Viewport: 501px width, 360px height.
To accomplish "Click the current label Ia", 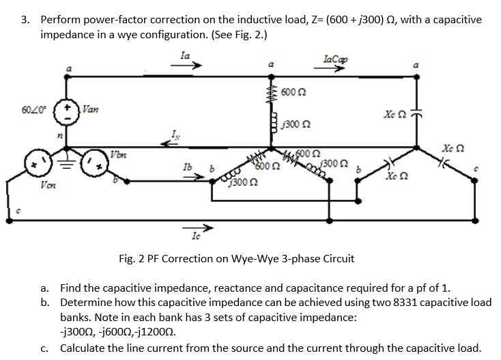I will [x=185, y=55].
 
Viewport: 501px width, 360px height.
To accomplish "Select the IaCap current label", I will [x=337, y=59].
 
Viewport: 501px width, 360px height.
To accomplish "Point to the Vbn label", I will [x=119, y=154].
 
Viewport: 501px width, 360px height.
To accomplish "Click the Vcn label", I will [x=47, y=184].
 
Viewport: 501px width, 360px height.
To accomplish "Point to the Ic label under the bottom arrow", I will [x=197, y=236].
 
